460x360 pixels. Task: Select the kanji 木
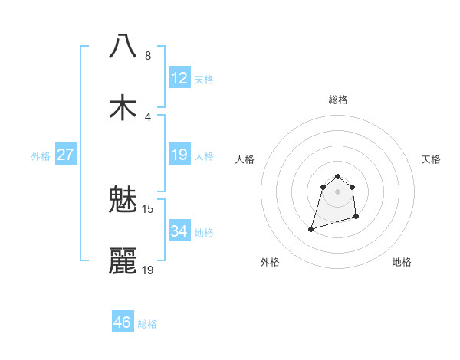[x=123, y=108]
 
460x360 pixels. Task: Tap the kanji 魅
[x=123, y=201]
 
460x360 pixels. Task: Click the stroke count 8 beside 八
[x=148, y=56]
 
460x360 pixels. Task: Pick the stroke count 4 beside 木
[x=148, y=117]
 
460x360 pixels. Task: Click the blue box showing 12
[x=179, y=78]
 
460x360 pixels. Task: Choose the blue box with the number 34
[x=179, y=231]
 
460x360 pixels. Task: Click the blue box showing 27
[x=66, y=155]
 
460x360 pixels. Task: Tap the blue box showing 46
[x=123, y=322]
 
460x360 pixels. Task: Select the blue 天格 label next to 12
[x=204, y=80]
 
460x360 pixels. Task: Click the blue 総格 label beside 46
[x=147, y=324]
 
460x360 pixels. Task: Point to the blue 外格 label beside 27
[x=41, y=156]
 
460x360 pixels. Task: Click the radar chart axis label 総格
[x=338, y=100]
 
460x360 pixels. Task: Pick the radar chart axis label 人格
[x=245, y=159]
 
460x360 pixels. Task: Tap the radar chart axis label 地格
[x=402, y=262]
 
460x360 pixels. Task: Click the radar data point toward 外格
[x=311, y=228]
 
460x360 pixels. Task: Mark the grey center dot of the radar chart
[x=337, y=191]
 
